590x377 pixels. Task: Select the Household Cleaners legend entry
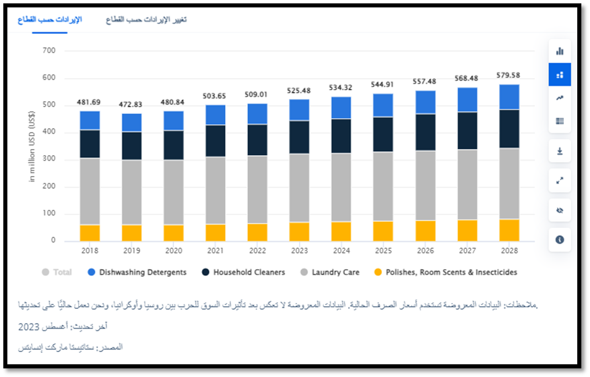(249, 272)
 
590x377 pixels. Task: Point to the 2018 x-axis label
(90, 250)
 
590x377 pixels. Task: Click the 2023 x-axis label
(298, 250)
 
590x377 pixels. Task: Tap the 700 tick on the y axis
(48, 51)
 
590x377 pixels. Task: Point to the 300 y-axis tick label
(48, 160)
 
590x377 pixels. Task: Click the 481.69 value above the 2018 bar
(90, 103)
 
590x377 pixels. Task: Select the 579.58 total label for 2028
(508, 76)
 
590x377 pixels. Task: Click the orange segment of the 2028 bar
(508, 230)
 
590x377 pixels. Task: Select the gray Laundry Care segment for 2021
(215, 190)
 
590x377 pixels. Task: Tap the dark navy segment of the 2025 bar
(383, 134)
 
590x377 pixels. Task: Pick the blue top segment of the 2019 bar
(131, 122)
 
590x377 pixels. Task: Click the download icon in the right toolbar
(560, 151)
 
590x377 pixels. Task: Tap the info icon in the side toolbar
(560, 239)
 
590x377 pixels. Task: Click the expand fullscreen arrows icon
(560, 181)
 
